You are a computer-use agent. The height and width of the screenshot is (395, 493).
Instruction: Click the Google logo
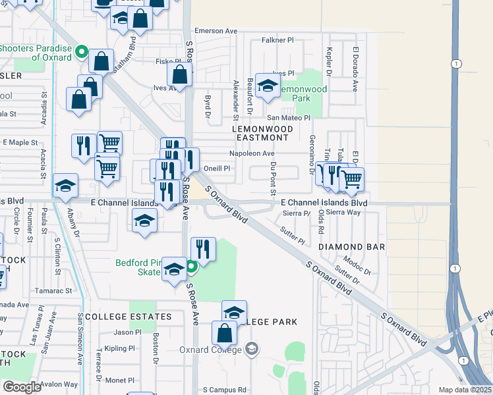(x=22, y=386)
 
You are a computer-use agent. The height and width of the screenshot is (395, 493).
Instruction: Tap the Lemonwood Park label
(x=302, y=93)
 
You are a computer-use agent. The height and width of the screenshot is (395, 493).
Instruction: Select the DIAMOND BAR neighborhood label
(x=351, y=246)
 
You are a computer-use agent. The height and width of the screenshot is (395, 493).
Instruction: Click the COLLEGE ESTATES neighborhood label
(x=129, y=317)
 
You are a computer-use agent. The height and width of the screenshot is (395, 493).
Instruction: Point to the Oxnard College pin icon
(x=250, y=348)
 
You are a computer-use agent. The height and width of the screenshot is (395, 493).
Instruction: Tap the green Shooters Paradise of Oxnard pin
(x=82, y=51)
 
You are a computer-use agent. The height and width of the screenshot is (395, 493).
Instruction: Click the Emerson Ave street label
(x=216, y=31)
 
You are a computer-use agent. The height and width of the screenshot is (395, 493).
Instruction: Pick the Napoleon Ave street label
(x=251, y=153)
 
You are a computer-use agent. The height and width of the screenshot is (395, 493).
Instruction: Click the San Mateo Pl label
(x=287, y=118)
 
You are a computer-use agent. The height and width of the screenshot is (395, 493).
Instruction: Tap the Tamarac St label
(x=55, y=290)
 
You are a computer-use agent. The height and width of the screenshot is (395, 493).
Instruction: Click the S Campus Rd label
(x=224, y=390)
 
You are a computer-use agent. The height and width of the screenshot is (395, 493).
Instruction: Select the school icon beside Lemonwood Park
(x=268, y=86)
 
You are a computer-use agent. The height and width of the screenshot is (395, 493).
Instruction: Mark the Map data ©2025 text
(x=465, y=390)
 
